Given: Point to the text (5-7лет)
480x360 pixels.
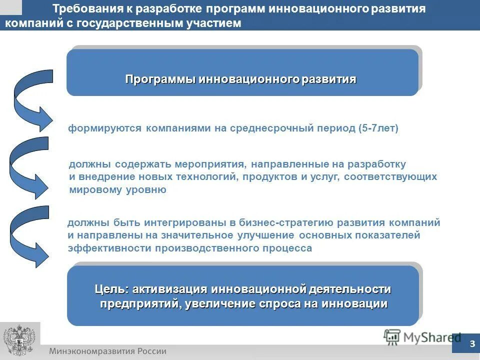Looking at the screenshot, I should (x=378, y=128).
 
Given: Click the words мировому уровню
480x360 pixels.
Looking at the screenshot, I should (x=117, y=189).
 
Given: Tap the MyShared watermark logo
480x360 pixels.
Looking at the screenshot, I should (x=422, y=337).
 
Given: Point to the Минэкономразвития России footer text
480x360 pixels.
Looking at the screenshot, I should (x=107, y=351).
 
